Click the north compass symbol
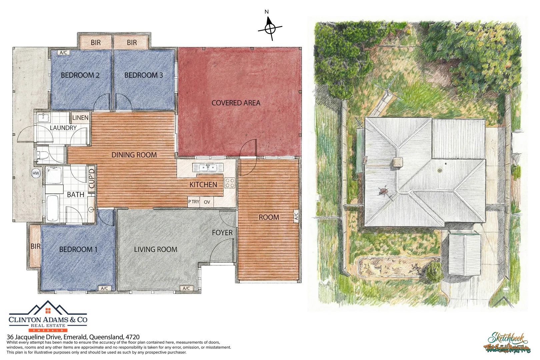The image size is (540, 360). click(270, 28)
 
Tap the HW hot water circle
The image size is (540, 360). click(36, 173)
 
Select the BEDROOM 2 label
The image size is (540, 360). click(80, 75)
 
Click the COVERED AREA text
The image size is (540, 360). click(236, 103)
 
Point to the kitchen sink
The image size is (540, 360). click(208, 167)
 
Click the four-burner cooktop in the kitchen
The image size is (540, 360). click(230, 183)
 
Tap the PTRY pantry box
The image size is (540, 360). click(194, 202)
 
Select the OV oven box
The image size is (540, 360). click(207, 202)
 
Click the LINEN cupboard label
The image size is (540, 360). click(80, 118)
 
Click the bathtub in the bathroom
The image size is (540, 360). click(53, 208)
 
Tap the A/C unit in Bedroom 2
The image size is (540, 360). click(64, 53)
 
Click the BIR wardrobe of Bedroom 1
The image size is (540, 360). click(35, 246)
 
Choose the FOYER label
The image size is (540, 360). click(222, 233)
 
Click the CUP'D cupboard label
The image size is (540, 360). click(92, 179)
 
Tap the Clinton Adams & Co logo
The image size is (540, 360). click(48, 317)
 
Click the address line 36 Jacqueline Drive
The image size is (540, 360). click(73, 337)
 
